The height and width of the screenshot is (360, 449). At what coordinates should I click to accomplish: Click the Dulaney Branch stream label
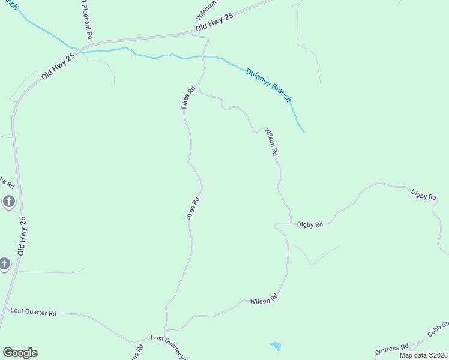[x=268, y=85]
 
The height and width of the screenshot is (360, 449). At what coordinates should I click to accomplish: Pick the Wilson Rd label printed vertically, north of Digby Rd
[x=271, y=142]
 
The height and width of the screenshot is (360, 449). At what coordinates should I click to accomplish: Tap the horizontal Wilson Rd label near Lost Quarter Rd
[x=264, y=299]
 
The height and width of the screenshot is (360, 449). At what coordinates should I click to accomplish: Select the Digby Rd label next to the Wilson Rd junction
[x=310, y=224]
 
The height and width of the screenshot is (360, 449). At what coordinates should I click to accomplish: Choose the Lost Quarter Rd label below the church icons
[x=34, y=313]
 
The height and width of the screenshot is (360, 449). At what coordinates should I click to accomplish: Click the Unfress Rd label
[x=391, y=349]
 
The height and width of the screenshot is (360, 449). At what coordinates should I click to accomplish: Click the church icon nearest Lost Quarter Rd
[x=5, y=263]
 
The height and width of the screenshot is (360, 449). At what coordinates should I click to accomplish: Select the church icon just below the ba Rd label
[x=8, y=201]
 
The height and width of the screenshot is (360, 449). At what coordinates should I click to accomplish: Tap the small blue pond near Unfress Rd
[x=276, y=346]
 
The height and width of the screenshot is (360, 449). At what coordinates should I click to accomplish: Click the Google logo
[x=20, y=353]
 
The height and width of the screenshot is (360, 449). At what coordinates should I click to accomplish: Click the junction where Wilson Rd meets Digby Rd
[x=291, y=224]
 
